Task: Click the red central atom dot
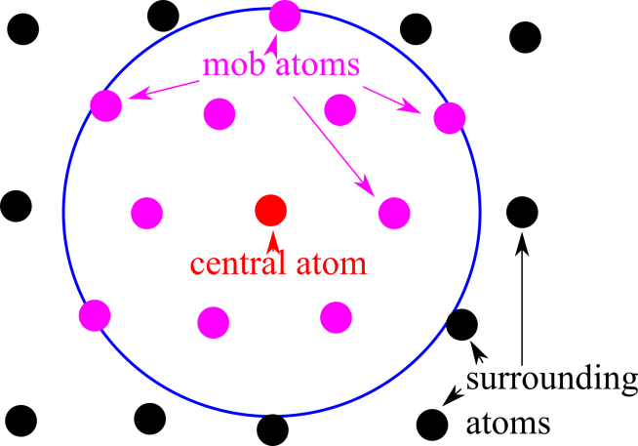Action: point(270,209)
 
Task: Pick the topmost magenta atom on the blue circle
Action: point(286,15)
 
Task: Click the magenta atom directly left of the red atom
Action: point(147,212)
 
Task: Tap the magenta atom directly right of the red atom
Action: point(393,212)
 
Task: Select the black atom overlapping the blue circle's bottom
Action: point(272,428)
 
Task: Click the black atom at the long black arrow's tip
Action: point(522,211)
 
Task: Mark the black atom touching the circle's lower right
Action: point(461,324)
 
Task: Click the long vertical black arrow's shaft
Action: point(522,303)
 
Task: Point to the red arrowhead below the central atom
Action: point(271,235)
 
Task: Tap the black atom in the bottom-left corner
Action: point(20,420)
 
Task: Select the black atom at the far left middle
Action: point(16,207)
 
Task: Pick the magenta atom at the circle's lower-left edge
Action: point(95,315)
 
